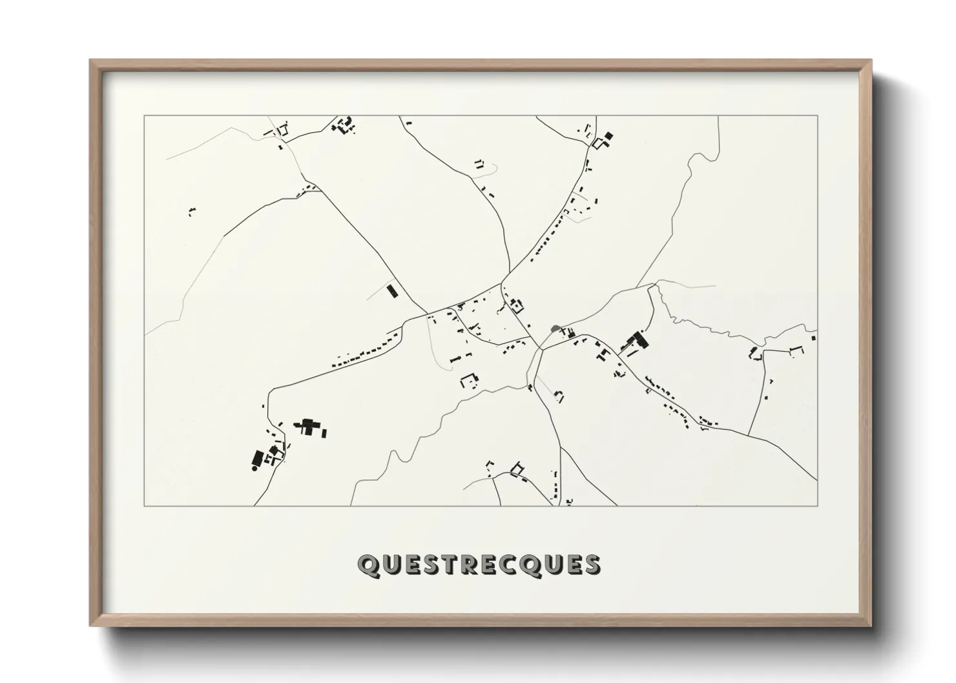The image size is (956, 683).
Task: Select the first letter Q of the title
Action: click(368, 565)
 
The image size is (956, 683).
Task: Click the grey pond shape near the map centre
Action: click(554, 329)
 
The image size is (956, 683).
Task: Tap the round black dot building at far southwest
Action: click(255, 468)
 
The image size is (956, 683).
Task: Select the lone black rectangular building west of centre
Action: click(391, 291)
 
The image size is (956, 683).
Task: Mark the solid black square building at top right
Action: click(608, 136)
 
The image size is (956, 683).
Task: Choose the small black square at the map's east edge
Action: click(813, 336)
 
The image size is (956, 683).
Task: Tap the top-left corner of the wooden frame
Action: click(90, 61)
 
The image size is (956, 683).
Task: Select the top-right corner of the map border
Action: click(817, 116)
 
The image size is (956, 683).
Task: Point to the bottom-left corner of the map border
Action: click(145, 505)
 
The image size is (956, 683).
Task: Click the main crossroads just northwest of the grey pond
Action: click(501, 285)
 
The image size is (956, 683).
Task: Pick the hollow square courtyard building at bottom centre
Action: click(516, 469)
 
